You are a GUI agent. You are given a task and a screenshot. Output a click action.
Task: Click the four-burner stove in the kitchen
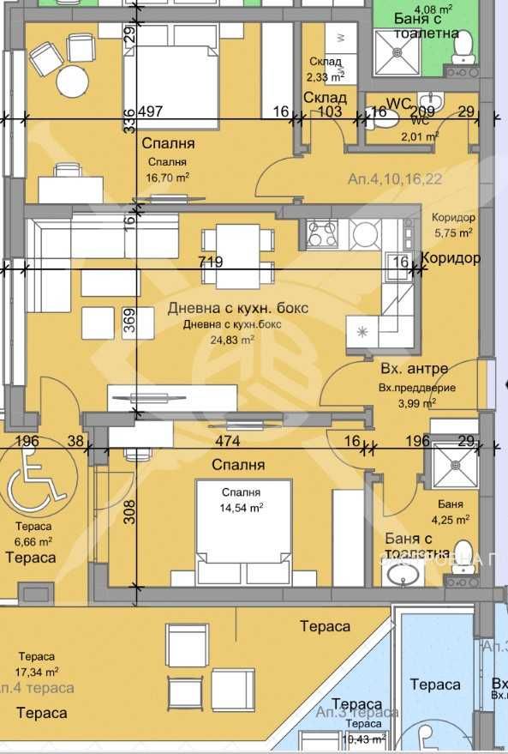(x=323, y=231)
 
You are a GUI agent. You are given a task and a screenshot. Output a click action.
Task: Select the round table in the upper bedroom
(x=74, y=82)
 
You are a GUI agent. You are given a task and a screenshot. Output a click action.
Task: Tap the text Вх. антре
(x=414, y=369)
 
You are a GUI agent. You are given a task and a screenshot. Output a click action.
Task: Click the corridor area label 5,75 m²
(x=453, y=232)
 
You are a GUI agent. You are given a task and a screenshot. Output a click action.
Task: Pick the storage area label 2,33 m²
(x=323, y=75)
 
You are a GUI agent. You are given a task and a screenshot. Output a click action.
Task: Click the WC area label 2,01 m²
(x=421, y=135)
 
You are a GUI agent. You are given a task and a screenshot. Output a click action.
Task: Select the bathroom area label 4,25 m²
(x=450, y=519)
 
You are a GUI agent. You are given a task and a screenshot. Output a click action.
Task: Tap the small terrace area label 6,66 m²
(x=33, y=541)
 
